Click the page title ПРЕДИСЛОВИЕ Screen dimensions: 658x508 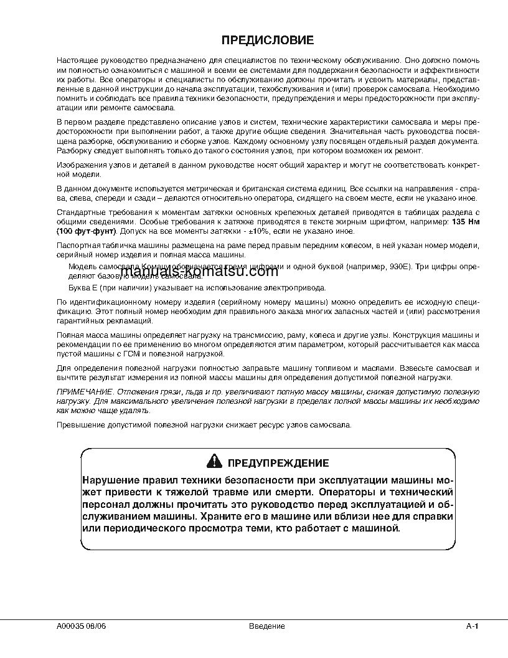coord(268,41)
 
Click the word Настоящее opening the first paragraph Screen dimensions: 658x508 coord(76,60)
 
